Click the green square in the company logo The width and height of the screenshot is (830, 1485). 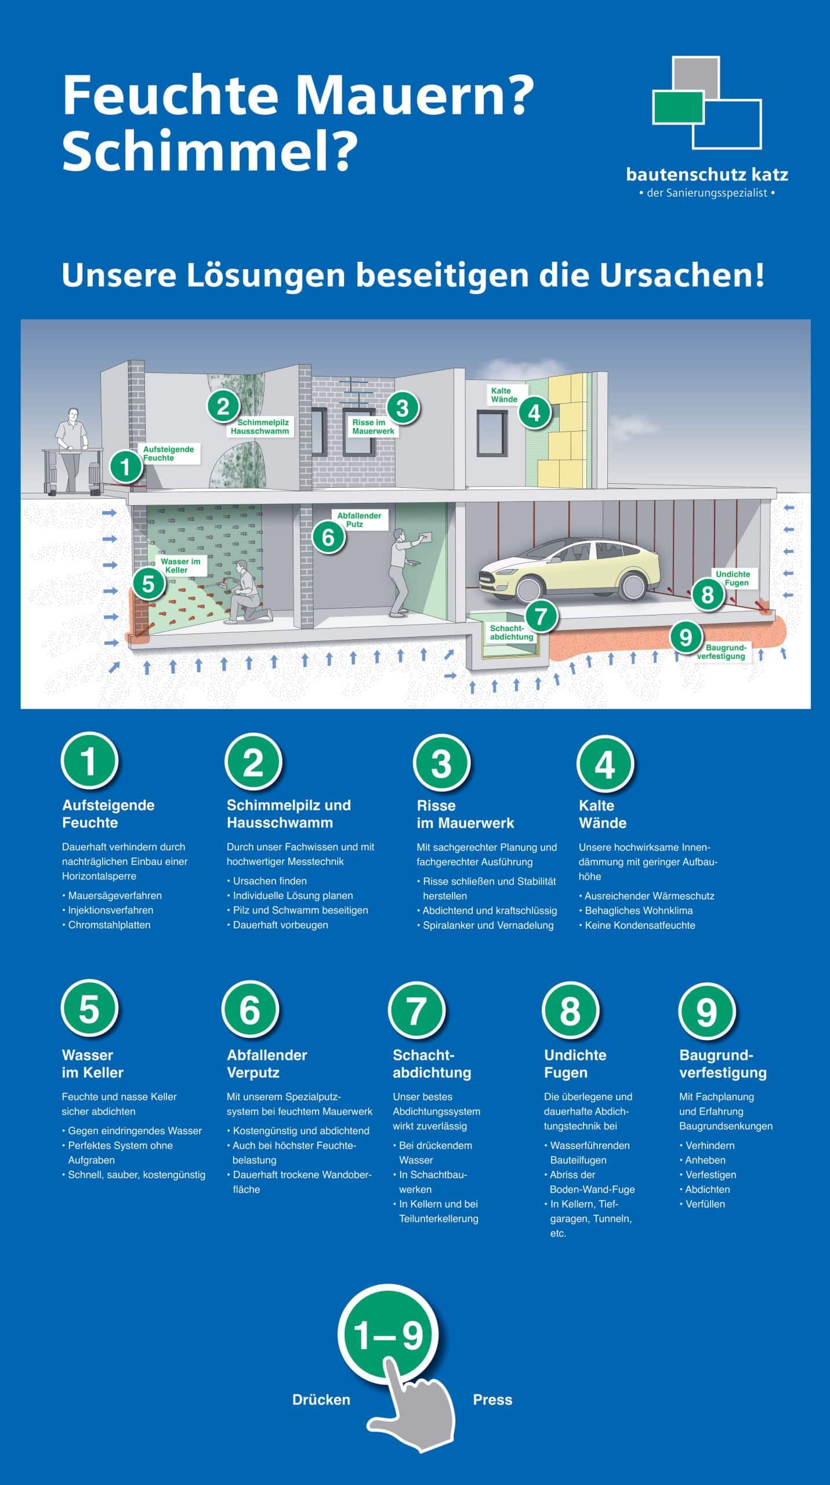677,107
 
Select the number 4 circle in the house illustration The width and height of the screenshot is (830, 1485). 534,412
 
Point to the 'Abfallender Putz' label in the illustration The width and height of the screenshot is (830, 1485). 359,520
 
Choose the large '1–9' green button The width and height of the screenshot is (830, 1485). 388,1335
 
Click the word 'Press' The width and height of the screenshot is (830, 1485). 492,1400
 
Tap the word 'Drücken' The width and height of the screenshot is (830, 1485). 321,1400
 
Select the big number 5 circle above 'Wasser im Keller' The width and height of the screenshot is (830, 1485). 89,1009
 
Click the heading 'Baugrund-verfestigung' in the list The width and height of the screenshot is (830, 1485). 722,1063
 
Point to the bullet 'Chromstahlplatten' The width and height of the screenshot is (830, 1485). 109,925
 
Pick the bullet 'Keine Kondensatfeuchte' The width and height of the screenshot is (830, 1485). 640,925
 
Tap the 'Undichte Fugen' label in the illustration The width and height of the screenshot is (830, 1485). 733,578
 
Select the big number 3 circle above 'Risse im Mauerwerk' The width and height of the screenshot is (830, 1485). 441,763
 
